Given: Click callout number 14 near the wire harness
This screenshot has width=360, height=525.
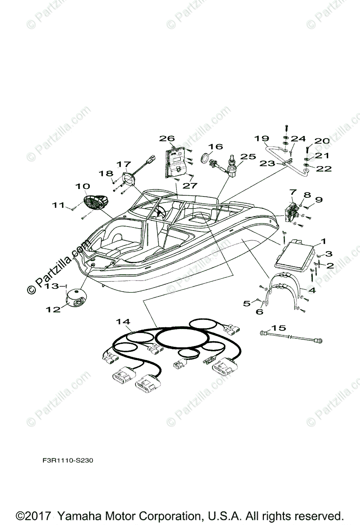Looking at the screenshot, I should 123,322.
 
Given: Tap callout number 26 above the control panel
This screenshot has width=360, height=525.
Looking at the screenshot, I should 167,139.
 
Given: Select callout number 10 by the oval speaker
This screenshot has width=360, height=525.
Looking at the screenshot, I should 83,186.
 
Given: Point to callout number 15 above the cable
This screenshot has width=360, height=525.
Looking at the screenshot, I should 278,328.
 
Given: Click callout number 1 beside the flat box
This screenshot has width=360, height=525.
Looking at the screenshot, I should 323,241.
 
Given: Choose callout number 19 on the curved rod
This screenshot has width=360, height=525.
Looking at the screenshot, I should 262,139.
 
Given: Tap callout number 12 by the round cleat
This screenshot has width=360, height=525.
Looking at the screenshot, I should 53,309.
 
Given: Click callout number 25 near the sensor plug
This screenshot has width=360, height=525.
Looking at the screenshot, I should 248,156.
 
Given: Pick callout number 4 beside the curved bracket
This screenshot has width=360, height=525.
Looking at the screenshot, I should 323,290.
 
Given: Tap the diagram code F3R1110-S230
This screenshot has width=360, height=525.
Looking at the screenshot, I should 67,460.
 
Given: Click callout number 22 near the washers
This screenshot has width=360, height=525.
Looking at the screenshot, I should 324,168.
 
